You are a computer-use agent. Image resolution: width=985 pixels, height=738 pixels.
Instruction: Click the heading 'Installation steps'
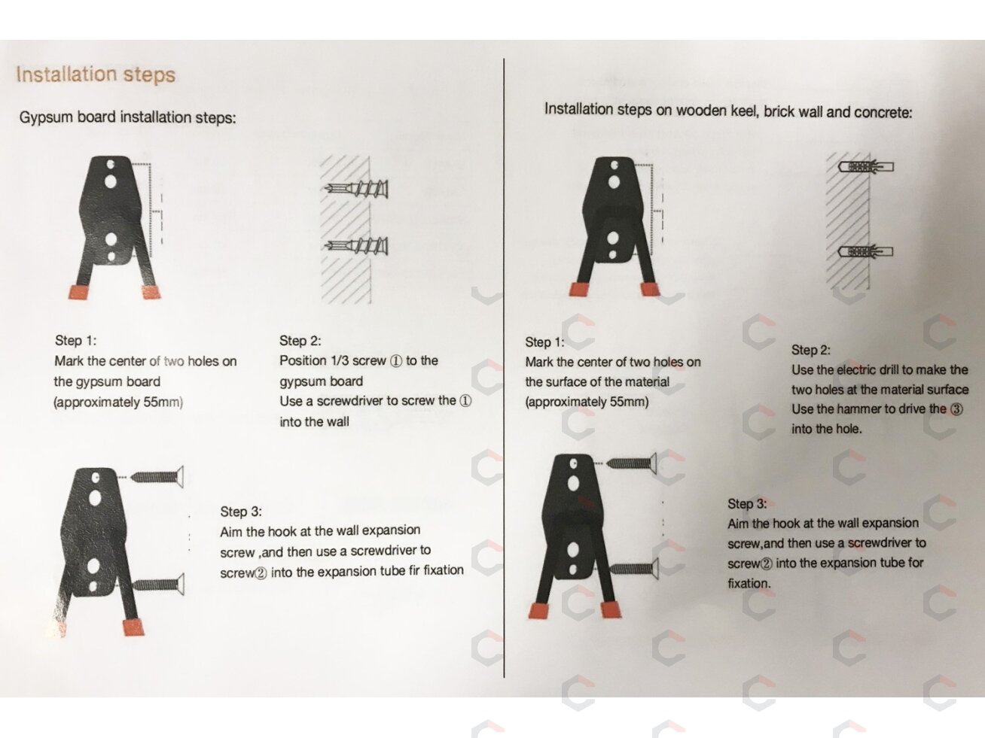coord(96,74)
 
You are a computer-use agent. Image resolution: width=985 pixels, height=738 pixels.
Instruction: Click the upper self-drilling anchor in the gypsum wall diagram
coord(356,189)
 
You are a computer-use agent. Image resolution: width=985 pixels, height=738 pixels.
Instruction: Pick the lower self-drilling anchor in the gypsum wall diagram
coord(356,245)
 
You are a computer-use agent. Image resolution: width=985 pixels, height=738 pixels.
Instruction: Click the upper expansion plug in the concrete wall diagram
coord(865,167)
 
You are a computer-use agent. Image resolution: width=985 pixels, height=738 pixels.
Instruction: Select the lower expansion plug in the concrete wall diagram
coord(865,251)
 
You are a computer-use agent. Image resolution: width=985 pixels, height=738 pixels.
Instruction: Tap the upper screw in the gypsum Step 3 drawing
coord(157,477)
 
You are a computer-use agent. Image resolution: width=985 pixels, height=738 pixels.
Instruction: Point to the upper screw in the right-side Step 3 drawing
coord(631,463)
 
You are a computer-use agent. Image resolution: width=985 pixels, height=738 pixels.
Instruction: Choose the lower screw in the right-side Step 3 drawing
coord(633,569)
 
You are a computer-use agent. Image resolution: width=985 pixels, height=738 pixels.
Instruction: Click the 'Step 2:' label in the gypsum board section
coord(300,341)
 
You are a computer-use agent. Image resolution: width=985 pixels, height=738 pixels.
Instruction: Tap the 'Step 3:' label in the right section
coord(747,503)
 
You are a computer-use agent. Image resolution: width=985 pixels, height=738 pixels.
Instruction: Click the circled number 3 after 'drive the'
coord(956,409)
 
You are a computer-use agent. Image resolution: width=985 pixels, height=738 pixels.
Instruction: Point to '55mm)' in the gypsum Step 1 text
coord(163,402)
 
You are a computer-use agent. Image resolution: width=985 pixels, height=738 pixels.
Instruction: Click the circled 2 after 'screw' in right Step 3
coord(767,564)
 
